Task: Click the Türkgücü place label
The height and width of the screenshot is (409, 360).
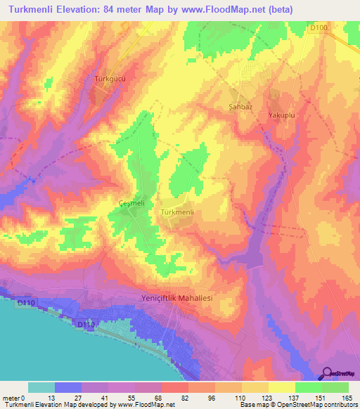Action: coord(110,79)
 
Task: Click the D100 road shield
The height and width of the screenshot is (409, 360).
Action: coord(318,27)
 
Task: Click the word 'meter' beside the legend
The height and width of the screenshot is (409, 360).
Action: coord(11,398)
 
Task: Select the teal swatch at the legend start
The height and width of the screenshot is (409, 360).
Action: coord(41,387)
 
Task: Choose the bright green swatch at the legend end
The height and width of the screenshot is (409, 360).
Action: coord(335,387)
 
